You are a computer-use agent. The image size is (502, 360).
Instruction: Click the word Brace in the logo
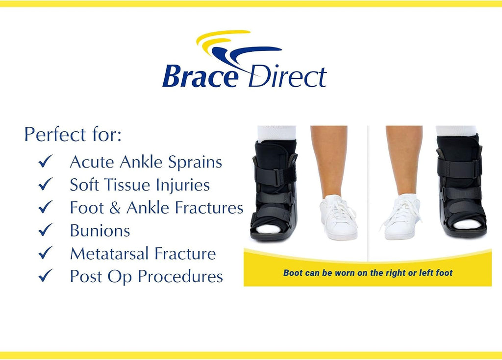201,76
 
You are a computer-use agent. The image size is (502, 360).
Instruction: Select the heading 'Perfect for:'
73,134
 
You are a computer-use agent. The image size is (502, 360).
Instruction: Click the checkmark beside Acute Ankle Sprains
46,161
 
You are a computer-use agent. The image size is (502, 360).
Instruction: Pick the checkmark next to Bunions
46,230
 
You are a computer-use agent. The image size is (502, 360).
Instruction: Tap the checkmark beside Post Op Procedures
46,276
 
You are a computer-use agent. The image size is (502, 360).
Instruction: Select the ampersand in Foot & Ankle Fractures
115,208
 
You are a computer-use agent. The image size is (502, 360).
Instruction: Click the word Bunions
100,230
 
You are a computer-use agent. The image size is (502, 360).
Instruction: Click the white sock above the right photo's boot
456,131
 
